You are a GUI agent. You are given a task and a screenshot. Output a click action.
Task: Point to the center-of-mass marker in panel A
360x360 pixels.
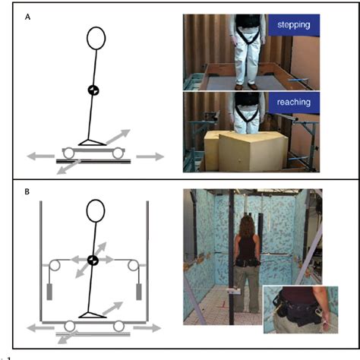coord(92,90)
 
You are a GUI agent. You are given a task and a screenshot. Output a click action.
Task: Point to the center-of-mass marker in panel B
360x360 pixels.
coord(93,261)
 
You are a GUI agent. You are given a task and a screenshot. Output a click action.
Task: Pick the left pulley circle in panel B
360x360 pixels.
coord(55,267)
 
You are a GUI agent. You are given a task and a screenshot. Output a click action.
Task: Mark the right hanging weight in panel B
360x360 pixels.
coord(139,292)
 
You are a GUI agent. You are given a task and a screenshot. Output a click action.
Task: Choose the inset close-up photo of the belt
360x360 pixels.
coord(298,311)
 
